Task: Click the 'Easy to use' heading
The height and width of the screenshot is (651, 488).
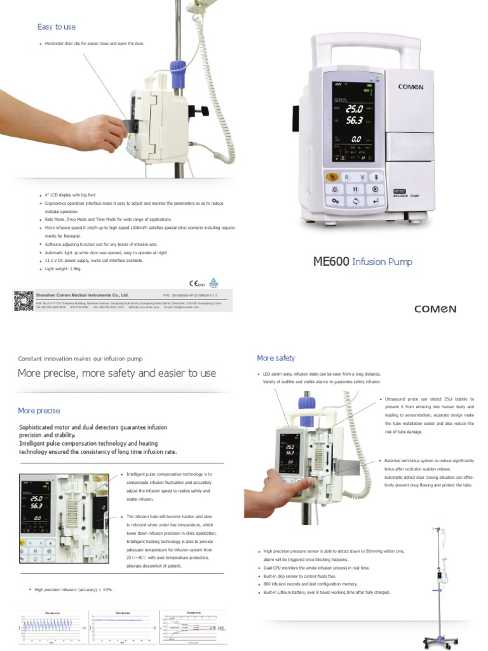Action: pyautogui.click(x=57, y=27)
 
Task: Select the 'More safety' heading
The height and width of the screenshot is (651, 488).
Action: pyautogui.click(x=275, y=358)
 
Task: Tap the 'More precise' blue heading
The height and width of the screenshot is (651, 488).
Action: pyautogui.click(x=39, y=411)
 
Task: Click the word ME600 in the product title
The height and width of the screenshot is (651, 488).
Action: pyautogui.click(x=331, y=261)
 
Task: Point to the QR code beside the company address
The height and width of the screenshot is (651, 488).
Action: pyautogui.click(x=24, y=300)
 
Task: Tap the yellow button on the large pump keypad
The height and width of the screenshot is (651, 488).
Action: pyautogui.click(x=331, y=177)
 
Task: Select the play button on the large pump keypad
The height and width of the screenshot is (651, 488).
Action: pyautogui.click(x=376, y=189)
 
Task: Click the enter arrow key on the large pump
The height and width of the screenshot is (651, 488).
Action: pyautogui.click(x=376, y=201)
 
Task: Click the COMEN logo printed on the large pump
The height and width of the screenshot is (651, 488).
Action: pyautogui.click(x=410, y=86)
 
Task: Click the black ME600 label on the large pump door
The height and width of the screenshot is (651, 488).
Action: pyautogui.click(x=400, y=190)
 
